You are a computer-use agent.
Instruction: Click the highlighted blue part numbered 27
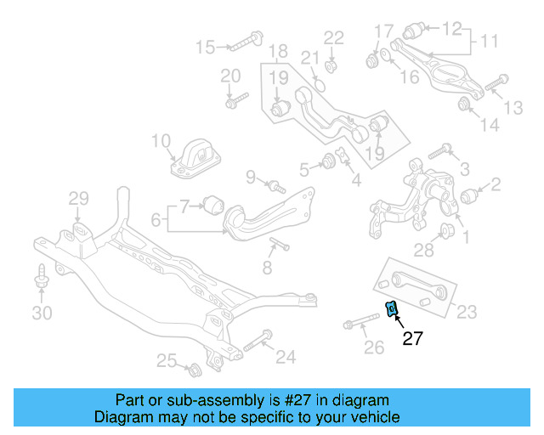coord(392,308)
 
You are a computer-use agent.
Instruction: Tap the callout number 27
coord(412,339)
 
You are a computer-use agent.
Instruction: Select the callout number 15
coord(206,47)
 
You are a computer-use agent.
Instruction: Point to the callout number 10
coord(161,140)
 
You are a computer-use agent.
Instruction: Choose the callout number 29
coord(78,200)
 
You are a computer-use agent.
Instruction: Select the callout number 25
coord(167,362)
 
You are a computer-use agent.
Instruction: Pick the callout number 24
coord(286,357)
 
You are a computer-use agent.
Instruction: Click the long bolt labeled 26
coord(362,324)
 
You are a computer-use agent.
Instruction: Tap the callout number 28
coord(422,249)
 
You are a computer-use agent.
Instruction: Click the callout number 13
coord(513,107)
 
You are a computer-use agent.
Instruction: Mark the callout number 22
coord(333,37)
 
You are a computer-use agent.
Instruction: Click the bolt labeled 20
coord(232,101)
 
